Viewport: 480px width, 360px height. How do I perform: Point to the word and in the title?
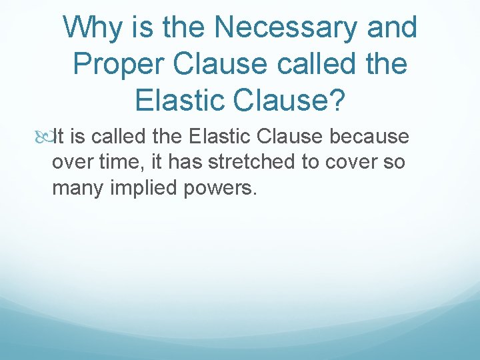[x=393, y=28]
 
